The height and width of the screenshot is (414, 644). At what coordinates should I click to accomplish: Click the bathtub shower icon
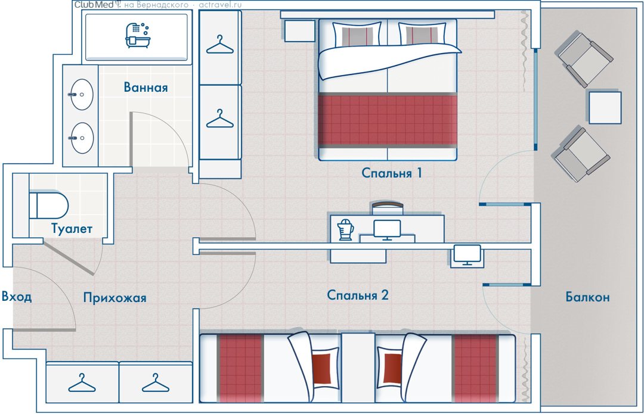tap(138, 35)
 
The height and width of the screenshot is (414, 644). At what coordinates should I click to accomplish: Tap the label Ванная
tap(146, 88)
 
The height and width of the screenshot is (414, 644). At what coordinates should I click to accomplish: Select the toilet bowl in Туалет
tap(48, 205)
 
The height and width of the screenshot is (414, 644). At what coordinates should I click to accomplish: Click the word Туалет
tap(72, 228)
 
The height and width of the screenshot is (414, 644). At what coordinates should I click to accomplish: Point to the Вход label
tap(17, 296)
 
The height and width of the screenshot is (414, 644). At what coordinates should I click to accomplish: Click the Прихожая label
tap(114, 297)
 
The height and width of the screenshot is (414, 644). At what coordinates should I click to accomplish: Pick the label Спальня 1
tap(391, 173)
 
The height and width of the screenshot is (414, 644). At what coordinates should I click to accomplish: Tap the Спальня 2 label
tap(357, 295)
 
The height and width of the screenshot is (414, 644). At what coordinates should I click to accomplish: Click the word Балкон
tap(587, 297)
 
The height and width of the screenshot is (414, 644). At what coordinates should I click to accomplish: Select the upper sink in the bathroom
tap(82, 94)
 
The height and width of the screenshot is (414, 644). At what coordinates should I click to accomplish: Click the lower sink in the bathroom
tap(82, 138)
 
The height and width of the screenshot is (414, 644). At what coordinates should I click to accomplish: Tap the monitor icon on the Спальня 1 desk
tap(387, 230)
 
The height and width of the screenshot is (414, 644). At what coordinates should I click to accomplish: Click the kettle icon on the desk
tap(345, 229)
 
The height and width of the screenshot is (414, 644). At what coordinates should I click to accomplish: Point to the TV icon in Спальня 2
tap(467, 255)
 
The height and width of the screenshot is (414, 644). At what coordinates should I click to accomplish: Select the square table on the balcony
tap(605, 107)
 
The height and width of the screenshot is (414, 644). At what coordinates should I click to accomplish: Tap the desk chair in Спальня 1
tap(388, 208)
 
